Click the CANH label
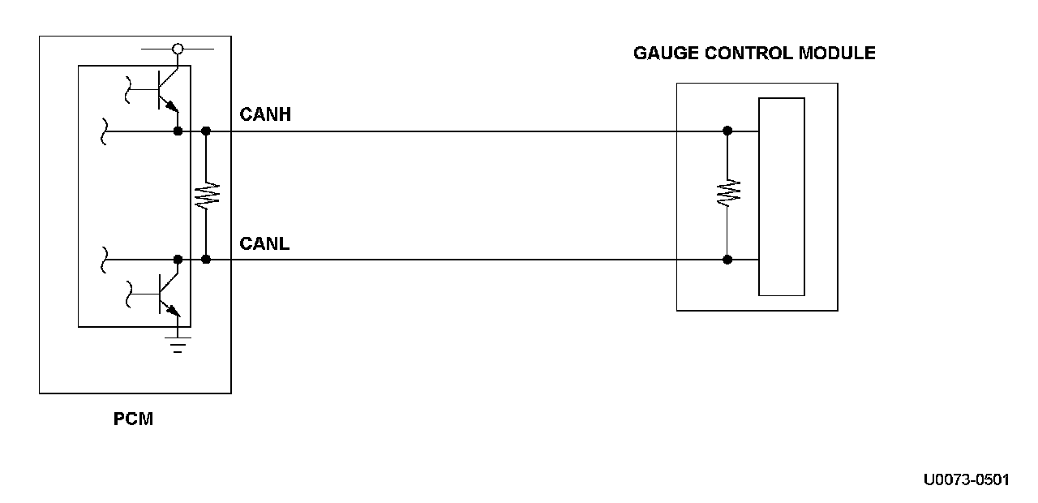[265, 115]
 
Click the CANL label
[264, 243]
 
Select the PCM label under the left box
[133, 420]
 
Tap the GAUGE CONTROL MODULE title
[754, 54]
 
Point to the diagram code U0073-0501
[966, 479]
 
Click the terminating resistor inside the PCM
[206, 195]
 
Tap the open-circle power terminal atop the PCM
[178, 49]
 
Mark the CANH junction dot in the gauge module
[727, 131]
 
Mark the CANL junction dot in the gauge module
[727, 260]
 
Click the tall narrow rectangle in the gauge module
[782, 196]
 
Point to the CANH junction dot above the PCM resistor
[206, 131]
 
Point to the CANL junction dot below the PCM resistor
[206, 260]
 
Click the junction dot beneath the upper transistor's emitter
[178, 131]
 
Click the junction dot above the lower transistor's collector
[178, 260]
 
